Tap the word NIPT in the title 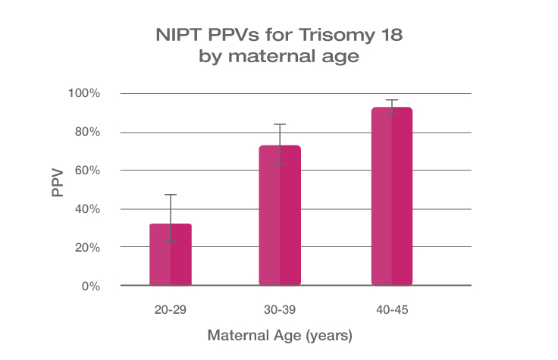click(x=173, y=36)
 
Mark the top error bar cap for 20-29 click(x=171, y=195)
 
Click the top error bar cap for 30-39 click(x=281, y=124)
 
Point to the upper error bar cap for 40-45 click(x=391, y=100)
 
